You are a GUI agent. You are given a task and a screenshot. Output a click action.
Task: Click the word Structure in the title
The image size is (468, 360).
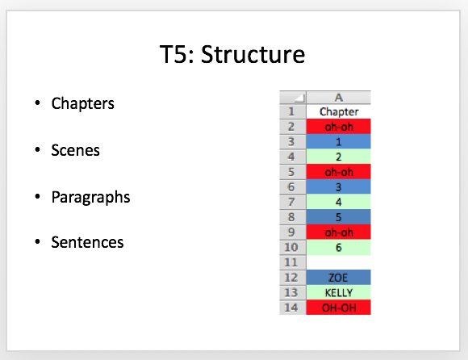coord(253,54)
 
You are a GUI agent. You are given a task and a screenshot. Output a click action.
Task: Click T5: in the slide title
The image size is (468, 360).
coord(177,54)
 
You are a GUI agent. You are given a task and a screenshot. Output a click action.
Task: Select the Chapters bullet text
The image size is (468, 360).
coord(82,103)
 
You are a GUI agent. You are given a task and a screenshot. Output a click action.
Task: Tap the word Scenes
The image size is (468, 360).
coord(76,150)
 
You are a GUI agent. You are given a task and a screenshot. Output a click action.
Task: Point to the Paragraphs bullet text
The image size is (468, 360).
coord(90,197)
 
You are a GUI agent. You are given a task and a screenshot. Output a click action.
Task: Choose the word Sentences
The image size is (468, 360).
coord(87,242)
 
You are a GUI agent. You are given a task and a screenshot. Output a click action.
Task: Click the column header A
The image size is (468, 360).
coord(338,98)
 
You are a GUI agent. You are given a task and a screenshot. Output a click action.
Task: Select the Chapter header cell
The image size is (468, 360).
coord(338,111)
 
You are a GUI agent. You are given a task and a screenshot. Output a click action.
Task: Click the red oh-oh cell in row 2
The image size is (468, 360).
coord(338,127)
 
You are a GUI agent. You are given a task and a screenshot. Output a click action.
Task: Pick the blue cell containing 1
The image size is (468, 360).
coord(338,142)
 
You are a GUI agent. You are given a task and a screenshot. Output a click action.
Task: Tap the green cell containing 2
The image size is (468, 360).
coord(338,157)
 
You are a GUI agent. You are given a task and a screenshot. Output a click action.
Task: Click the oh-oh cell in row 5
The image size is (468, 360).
coord(338,172)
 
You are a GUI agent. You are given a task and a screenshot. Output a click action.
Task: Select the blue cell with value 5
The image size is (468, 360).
coord(338,217)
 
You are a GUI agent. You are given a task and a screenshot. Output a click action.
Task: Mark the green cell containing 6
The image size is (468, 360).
coord(338,248)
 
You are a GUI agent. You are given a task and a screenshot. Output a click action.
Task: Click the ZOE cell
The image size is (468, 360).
coord(338,278)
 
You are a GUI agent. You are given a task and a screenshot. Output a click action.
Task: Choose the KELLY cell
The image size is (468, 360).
coord(338,292)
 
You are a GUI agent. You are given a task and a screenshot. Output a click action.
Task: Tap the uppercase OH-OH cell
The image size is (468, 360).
coord(338,308)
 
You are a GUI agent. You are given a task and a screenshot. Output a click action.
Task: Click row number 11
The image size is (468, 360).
coord(292,262)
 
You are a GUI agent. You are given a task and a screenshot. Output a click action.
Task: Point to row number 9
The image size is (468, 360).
coord(292,232)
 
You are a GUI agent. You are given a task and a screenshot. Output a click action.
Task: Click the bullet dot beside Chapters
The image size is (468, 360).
coord(37,103)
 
